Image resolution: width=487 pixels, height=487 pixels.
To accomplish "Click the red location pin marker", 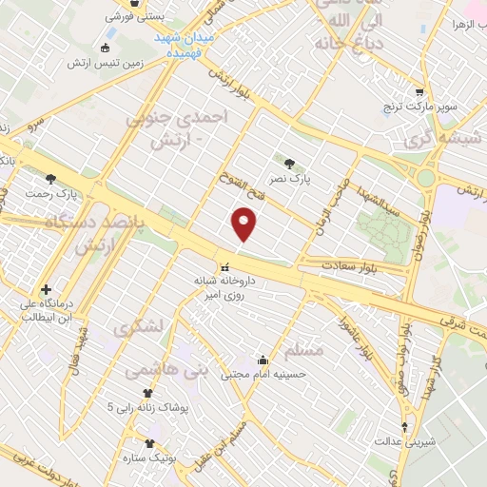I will point(244,225).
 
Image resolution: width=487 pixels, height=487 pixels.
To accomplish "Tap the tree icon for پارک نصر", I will point(302,163).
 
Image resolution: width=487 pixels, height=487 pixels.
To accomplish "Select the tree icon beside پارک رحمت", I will point(50,178).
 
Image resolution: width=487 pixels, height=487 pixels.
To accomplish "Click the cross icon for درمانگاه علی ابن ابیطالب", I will point(46,289).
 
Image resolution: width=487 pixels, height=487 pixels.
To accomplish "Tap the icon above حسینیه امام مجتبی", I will point(263,361).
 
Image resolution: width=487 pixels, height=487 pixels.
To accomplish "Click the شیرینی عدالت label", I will point(408,440).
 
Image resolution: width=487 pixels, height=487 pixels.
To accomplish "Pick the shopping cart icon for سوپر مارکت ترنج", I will point(419,92).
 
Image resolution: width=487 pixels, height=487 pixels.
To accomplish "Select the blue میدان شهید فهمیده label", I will point(186,46).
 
